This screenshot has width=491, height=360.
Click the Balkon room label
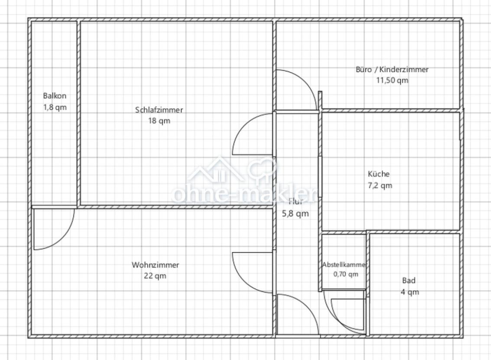(x=55, y=96)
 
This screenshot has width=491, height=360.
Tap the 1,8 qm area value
(x=55, y=107)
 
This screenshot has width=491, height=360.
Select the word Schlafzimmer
(x=159, y=110)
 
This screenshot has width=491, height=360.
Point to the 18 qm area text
(x=159, y=121)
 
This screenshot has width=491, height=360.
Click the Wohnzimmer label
(x=155, y=265)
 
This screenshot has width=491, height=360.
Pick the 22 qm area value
(x=155, y=276)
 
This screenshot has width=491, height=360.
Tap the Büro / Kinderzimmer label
(x=392, y=69)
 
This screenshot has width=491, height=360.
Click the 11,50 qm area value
(x=392, y=80)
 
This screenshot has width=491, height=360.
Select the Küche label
(x=379, y=174)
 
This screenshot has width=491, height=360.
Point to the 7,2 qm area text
(x=380, y=185)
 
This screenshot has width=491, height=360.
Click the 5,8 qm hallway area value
(x=295, y=214)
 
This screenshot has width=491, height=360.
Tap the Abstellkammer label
(x=345, y=265)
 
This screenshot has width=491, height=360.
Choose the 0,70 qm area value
(x=346, y=274)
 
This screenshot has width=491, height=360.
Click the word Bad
(x=409, y=281)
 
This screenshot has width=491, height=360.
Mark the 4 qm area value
(x=410, y=292)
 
